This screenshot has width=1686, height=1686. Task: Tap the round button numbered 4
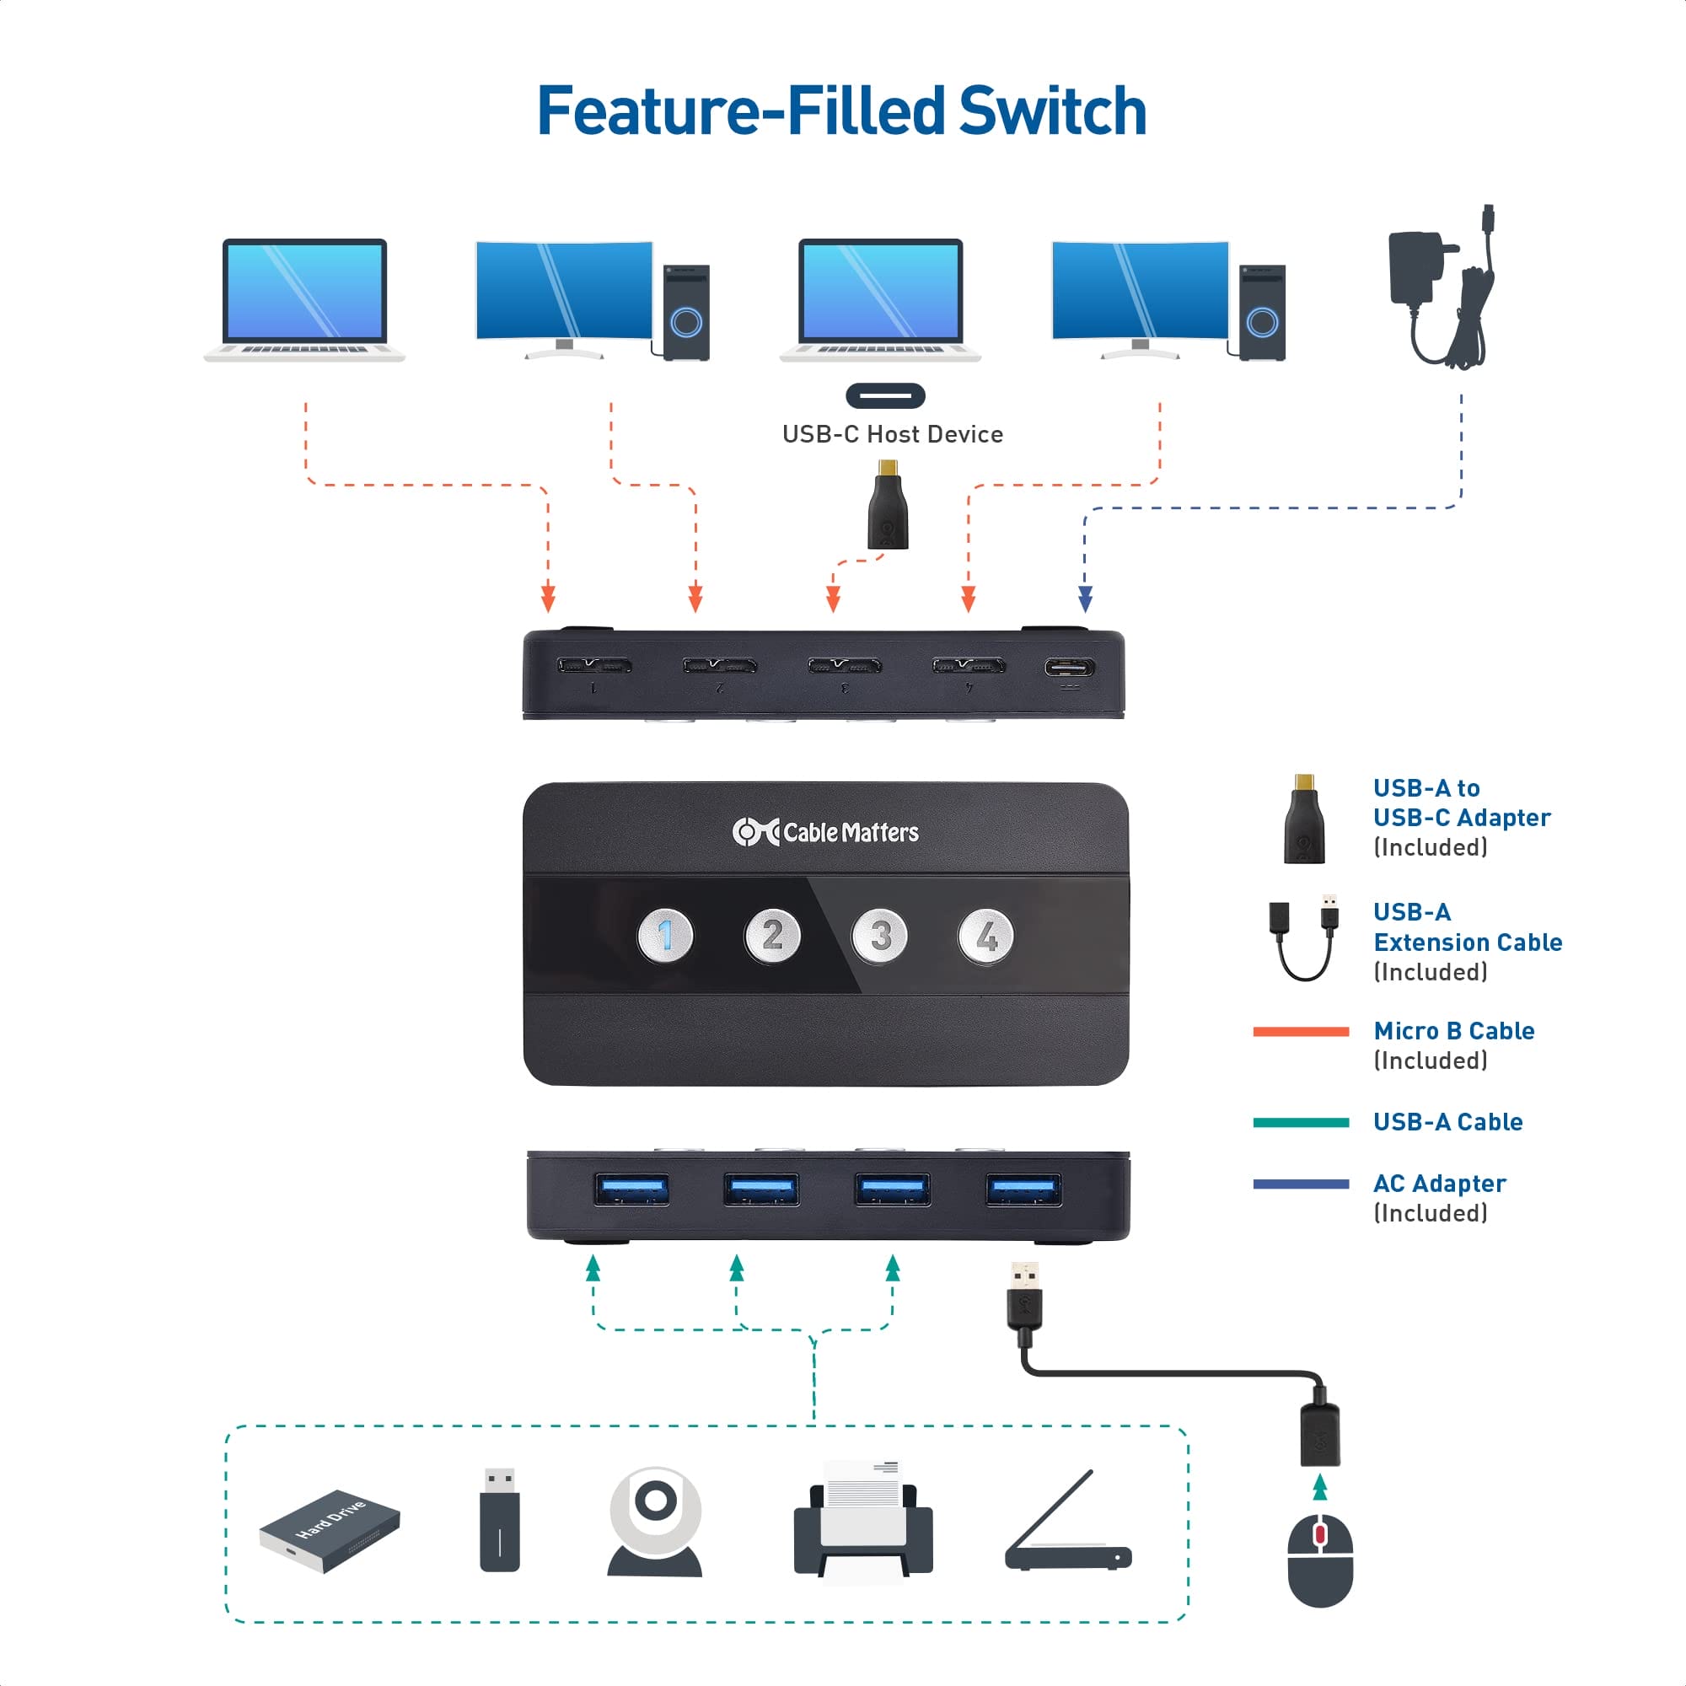pos(986,937)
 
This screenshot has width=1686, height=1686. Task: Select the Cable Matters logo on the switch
pos(825,833)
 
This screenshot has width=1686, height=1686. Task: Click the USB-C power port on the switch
pos(1069,668)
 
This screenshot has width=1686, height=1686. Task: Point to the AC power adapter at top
pos(1440,288)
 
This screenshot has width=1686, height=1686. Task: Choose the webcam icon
pos(654,1522)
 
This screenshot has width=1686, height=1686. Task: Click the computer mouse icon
pos(1320,1560)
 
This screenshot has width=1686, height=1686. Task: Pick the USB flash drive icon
pos(500,1519)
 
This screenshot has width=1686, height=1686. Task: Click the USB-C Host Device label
pos(892,435)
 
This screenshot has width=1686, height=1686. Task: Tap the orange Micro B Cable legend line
pos(1300,1032)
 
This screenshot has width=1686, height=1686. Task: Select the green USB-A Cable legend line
pos(1300,1122)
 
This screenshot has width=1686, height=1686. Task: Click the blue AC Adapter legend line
pos(1300,1184)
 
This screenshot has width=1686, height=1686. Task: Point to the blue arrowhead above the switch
pos(1085,599)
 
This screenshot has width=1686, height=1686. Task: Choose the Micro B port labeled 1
pos(594,667)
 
